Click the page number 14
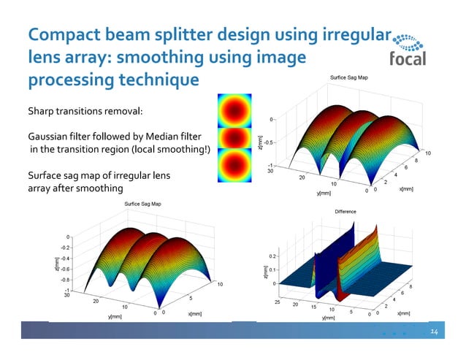coord(434,332)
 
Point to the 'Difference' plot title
coord(345,212)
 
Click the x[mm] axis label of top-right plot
coord(407,188)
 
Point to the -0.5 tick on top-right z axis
coord(270,142)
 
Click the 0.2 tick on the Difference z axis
coord(273,256)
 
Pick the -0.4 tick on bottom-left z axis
coord(66,258)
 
